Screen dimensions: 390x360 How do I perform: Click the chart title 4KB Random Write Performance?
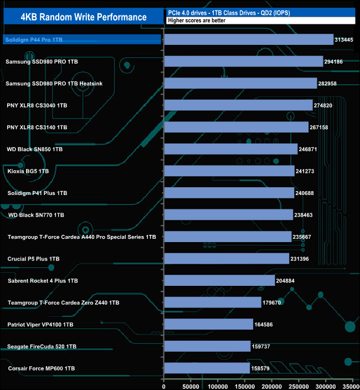[83, 17]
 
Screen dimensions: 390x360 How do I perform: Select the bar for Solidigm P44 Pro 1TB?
[249, 39]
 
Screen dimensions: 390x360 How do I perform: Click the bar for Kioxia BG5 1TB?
[230, 171]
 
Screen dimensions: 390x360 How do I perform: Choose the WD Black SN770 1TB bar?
[229, 215]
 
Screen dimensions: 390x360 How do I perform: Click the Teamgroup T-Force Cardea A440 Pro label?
[81, 237]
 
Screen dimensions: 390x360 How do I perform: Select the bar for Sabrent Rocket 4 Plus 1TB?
[220, 281]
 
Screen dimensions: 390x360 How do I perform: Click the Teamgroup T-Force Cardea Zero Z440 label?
[63, 302]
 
